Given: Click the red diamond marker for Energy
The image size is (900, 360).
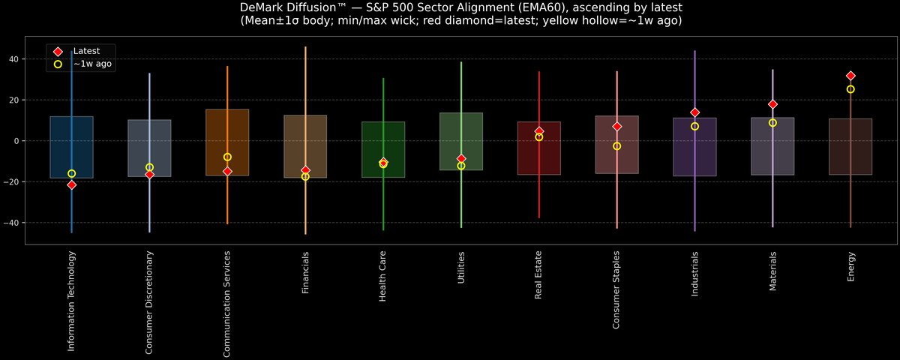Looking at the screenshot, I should [850, 76].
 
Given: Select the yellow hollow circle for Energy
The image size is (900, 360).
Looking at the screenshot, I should [850, 89].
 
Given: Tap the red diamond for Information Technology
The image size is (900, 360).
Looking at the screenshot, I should [71, 184].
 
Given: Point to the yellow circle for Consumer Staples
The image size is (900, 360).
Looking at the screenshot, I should [616, 146].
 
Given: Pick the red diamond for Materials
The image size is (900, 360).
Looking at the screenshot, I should [772, 104].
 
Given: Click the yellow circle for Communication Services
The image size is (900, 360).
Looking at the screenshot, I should [227, 157].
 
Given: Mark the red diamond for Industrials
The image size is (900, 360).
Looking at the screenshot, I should [694, 112].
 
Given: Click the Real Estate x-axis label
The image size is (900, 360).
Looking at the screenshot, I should [538, 275].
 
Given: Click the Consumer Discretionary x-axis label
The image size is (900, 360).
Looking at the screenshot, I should [149, 302].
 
